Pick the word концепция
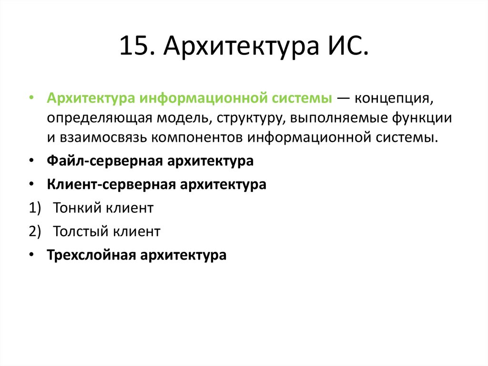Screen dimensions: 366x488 tap(396, 99)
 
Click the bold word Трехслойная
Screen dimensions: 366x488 tap(91, 255)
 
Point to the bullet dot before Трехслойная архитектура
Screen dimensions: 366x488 tap(31, 255)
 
